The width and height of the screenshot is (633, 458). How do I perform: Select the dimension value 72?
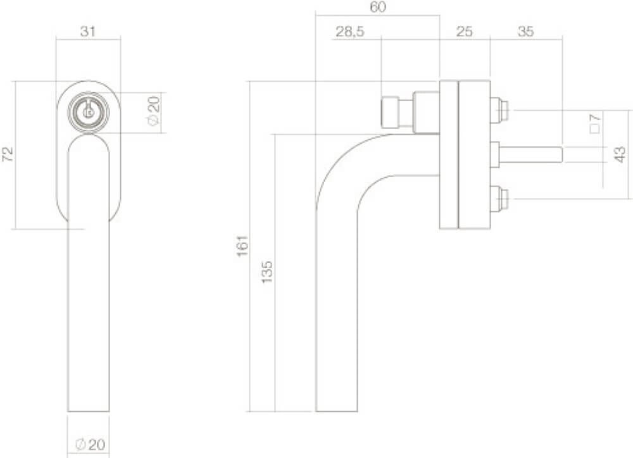pos(8,155)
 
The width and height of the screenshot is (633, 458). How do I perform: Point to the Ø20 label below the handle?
pos(89,445)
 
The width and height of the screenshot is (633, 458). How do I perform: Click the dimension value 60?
pos(378,8)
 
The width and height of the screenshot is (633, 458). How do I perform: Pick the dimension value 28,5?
pos(349,32)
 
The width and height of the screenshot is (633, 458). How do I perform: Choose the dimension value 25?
pos(465,32)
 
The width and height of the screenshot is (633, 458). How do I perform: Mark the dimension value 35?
pos(525,32)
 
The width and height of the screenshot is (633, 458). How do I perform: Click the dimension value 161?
pos(242,246)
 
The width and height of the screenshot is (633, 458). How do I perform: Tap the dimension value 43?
pos(620,154)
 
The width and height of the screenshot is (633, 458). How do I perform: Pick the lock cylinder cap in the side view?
pos(390,113)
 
